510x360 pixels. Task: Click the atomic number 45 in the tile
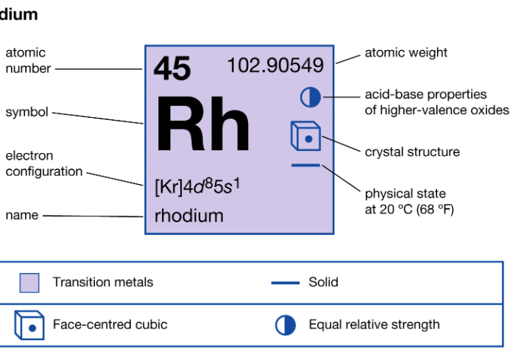[x=172, y=69]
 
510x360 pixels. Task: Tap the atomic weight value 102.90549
[x=275, y=66]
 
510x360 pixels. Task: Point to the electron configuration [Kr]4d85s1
[x=197, y=186]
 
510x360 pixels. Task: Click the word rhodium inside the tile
[x=189, y=216]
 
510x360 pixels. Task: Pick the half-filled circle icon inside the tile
[x=311, y=96]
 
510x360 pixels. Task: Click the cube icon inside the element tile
[x=305, y=136]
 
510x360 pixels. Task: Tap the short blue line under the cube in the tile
[x=305, y=165]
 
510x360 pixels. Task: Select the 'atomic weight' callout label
[x=406, y=53]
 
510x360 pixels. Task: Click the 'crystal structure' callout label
[x=412, y=152]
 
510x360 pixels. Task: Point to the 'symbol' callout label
[x=26, y=113]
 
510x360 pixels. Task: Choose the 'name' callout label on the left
[x=21, y=216]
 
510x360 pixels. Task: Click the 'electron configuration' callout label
[x=44, y=163]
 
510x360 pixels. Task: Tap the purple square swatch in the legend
[x=29, y=283]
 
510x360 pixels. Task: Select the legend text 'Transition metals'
[x=103, y=282]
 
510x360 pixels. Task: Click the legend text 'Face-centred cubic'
[x=110, y=325]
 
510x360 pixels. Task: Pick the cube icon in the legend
[x=29, y=325]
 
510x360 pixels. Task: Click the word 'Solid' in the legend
[x=324, y=282]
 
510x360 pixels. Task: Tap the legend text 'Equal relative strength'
[x=374, y=325]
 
